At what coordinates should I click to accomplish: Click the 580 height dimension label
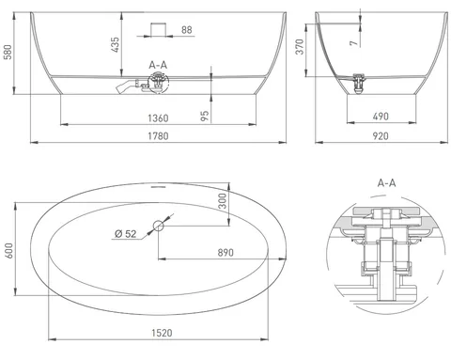[x=8, y=52]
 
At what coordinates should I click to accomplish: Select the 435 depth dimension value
[x=116, y=44]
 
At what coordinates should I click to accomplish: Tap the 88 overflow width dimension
[x=187, y=30]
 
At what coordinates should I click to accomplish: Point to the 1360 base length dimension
[x=158, y=118]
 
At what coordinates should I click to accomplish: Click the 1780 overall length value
[x=158, y=136]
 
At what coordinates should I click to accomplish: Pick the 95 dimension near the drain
[x=205, y=116]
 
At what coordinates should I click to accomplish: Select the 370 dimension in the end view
[x=300, y=47]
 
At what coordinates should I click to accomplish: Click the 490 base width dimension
[x=381, y=117]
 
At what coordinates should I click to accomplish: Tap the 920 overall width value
[x=381, y=136]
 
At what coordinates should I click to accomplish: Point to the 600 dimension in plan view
[x=8, y=251]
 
